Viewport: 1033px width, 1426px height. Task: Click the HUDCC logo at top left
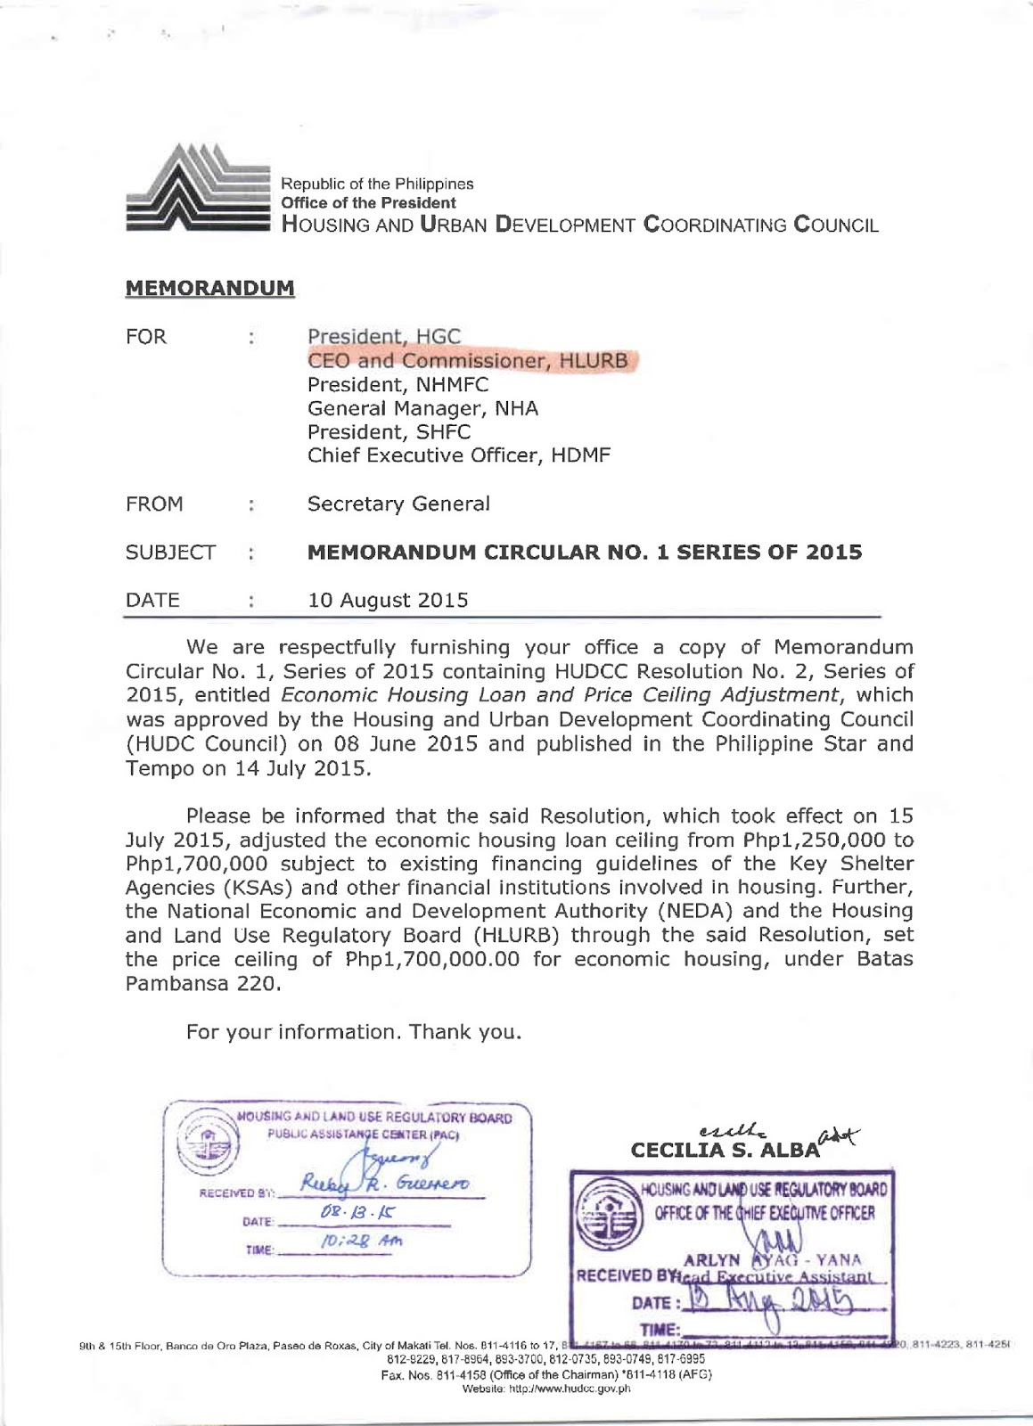pyautogui.click(x=198, y=188)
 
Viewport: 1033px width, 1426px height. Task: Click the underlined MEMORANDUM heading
pyautogui.click(x=209, y=289)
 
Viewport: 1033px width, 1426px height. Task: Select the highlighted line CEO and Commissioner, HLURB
pyautogui.click(x=467, y=361)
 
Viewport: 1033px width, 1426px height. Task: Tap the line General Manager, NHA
pyautogui.click(x=422, y=409)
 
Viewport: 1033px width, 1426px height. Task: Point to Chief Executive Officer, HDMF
pyautogui.click(x=459, y=456)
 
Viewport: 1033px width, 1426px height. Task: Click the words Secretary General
pyautogui.click(x=398, y=504)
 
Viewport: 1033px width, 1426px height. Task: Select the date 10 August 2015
pyautogui.click(x=388, y=601)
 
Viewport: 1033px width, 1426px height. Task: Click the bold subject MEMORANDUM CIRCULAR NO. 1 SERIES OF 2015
pyautogui.click(x=584, y=553)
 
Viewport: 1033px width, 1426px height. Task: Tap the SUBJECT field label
pyautogui.click(x=170, y=553)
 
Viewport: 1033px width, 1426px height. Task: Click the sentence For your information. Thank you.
pyautogui.click(x=354, y=1032)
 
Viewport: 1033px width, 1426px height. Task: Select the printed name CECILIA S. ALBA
pyautogui.click(x=724, y=1150)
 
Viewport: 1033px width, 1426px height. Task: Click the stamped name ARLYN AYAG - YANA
pyautogui.click(x=772, y=1259)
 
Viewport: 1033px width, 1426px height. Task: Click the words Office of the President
pyautogui.click(x=368, y=203)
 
